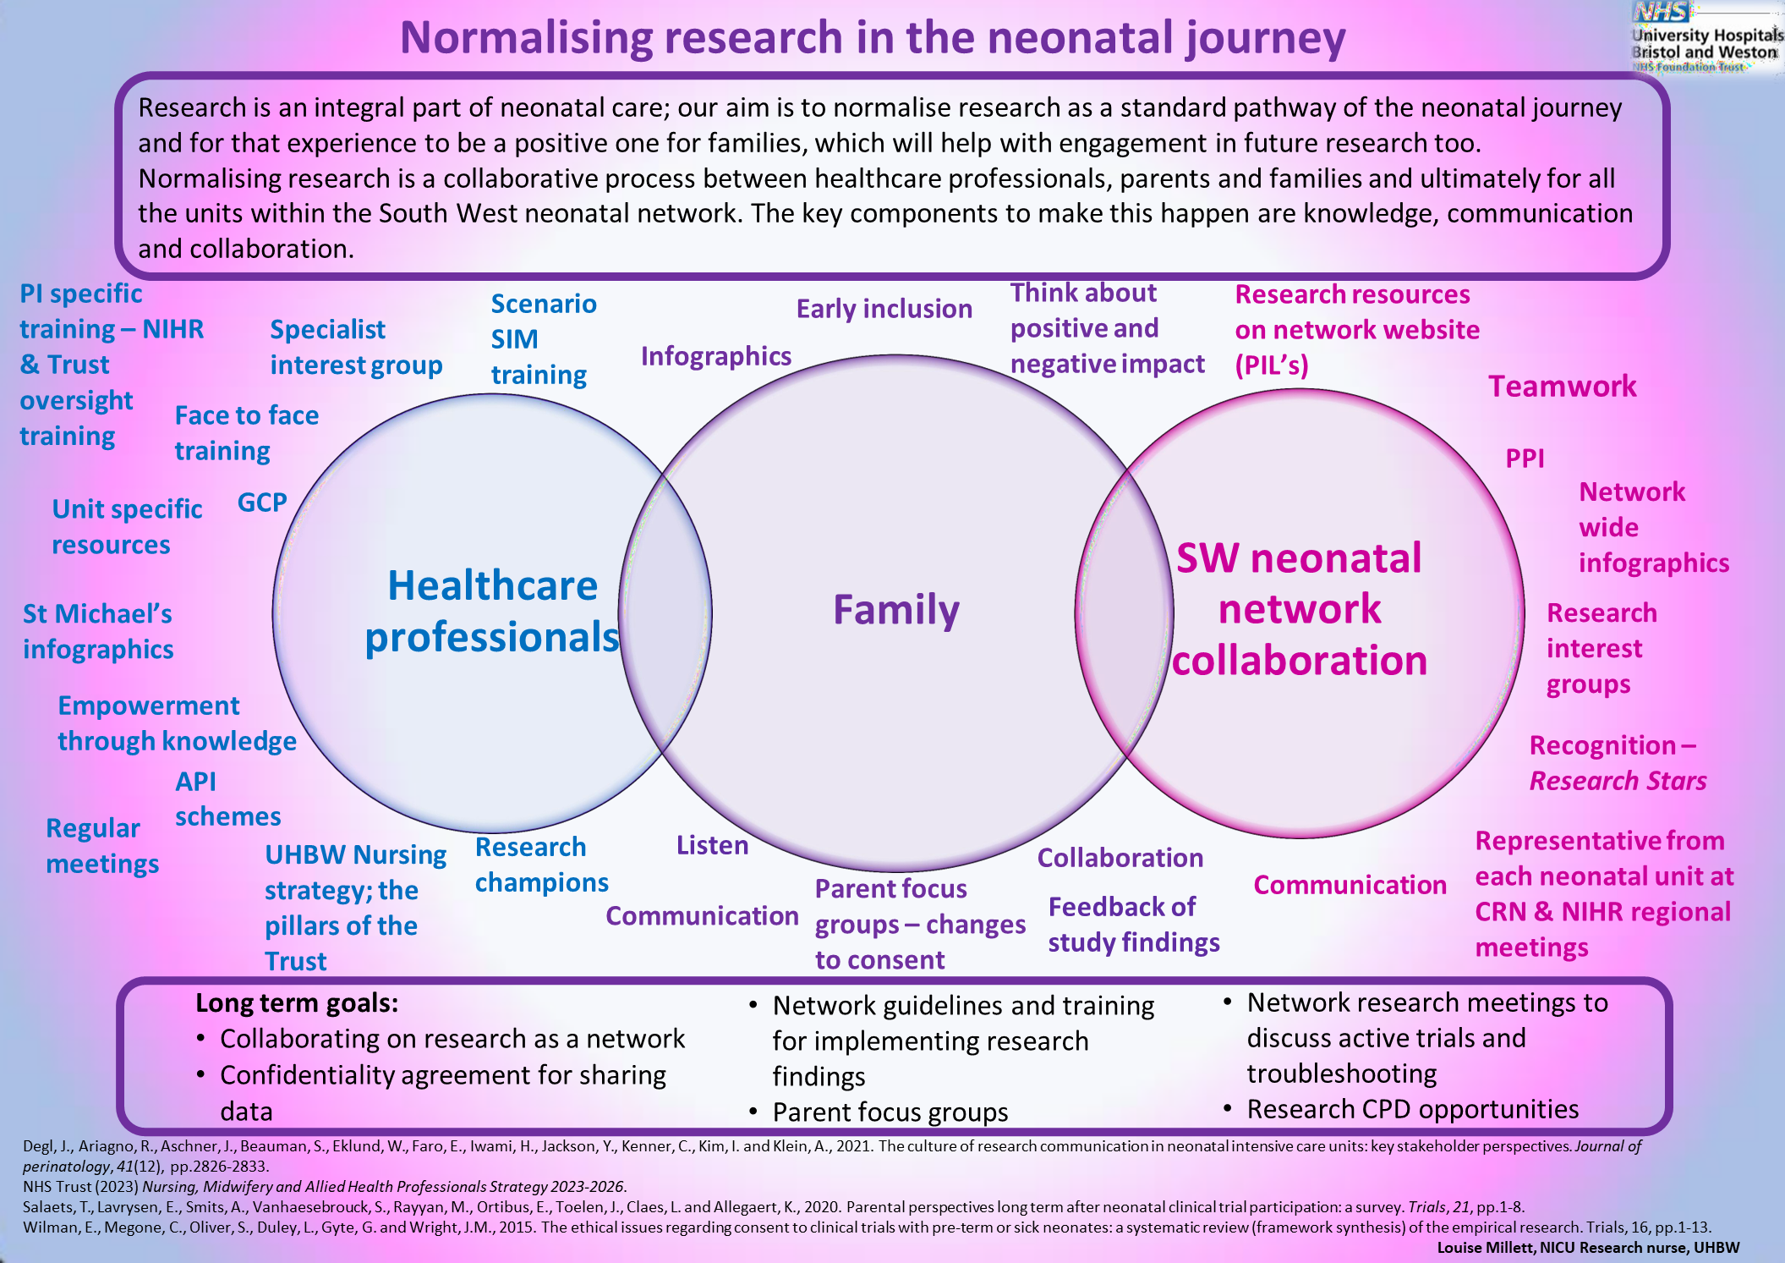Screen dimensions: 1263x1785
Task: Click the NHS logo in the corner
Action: pyautogui.click(x=1661, y=13)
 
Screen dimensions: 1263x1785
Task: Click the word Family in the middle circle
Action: pyautogui.click(x=896, y=610)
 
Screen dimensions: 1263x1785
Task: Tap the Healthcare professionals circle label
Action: pyautogui.click(x=492, y=611)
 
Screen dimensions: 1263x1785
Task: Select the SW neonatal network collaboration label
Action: pyautogui.click(x=1300, y=609)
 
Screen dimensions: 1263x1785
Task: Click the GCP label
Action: pyautogui.click(x=262, y=502)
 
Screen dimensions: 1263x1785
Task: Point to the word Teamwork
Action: pyautogui.click(x=1562, y=387)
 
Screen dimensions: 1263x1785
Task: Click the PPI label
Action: pyautogui.click(x=1525, y=459)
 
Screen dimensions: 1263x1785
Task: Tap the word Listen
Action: pyautogui.click(x=712, y=845)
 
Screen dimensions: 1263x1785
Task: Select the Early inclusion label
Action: pyautogui.click(x=884, y=309)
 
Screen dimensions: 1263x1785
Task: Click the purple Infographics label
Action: pyautogui.click(x=715, y=356)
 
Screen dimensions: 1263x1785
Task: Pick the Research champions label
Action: pyautogui.click(x=541, y=865)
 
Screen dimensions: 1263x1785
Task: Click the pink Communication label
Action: pyautogui.click(x=1350, y=885)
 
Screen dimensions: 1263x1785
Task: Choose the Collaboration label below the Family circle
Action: pyautogui.click(x=1120, y=858)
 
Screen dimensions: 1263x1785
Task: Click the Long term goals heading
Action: pyautogui.click(x=297, y=1002)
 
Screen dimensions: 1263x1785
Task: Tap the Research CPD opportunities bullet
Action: pyautogui.click(x=1412, y=1109)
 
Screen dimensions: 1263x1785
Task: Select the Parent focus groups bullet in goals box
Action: pyautogui.click(x=890, y=1112)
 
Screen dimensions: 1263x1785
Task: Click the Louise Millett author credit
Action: pyautogui.click(x=1587, y=1247)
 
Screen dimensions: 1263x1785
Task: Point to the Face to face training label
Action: pyautogui.click(x=246, y=433)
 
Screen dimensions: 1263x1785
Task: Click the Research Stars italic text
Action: pyautogui.click(x=1618, y=781)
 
